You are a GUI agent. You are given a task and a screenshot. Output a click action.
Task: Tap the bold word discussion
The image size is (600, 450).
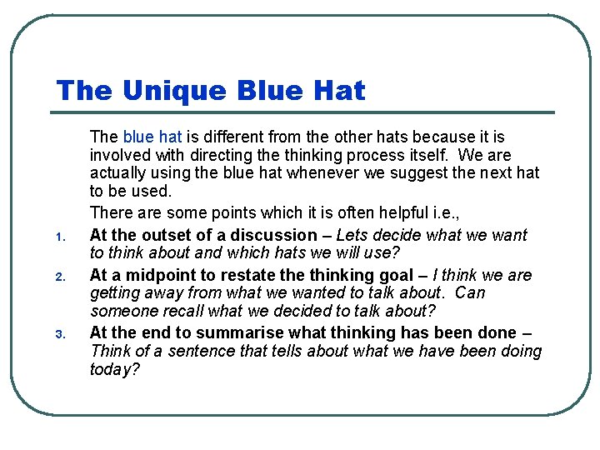[x=274, y=235]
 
